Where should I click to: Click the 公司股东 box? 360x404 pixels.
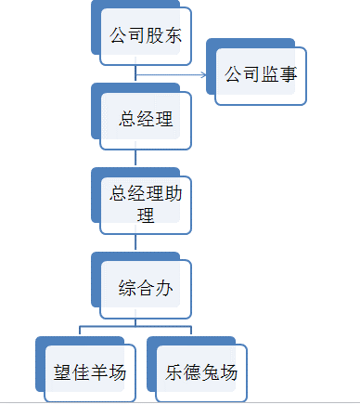(x=146, y=37)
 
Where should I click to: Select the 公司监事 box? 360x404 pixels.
(x=261, y=73)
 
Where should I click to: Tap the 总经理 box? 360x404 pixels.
(x=146, y=119)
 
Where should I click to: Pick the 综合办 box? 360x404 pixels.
(x=146, y=287)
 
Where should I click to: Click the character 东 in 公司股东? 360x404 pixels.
(x=172, y=38)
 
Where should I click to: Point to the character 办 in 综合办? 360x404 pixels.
(x=164, y=288)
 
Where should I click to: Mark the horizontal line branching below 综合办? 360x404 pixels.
(x=135, y=327)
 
